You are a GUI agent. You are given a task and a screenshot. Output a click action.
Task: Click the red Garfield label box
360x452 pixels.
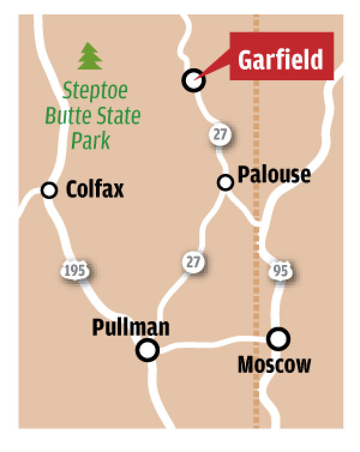click(x=280, y=59)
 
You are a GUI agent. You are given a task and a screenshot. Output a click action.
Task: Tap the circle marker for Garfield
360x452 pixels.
click(x=193, y=80)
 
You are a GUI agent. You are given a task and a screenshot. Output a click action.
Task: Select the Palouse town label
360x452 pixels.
click(x=274, y=174)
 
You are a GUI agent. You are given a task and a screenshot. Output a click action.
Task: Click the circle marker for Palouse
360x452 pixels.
click(x=226, y=182)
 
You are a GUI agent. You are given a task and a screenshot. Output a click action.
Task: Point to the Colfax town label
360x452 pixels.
click(x=95, y=190)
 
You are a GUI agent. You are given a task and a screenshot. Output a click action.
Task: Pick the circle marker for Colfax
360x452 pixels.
click(x=49, y=190)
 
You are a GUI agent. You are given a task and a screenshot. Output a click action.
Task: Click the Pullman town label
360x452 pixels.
click(x=131, y=327)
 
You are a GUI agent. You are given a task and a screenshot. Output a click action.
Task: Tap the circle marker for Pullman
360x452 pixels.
click(x=148, y=349)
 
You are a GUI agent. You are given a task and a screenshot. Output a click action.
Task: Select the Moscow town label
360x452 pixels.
click(x=275, y=364)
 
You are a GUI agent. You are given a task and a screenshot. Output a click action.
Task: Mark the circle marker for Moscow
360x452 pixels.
click(x=278, y=339)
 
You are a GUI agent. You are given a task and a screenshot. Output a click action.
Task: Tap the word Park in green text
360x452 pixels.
click(x=91, y=140)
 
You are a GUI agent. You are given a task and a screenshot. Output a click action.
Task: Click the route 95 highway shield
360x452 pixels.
click(x=281, y=270)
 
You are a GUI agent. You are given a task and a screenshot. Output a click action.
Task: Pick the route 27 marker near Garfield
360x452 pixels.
click(x=220, y=134)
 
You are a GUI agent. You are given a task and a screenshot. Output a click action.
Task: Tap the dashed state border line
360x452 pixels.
click(x=257, y=120)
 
